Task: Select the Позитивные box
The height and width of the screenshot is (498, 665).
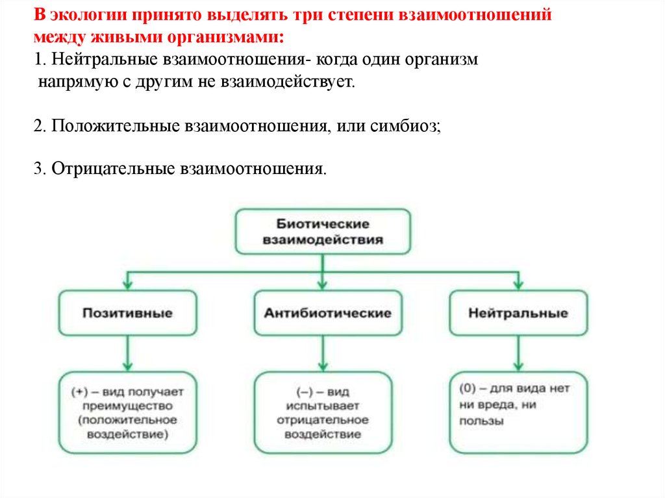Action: (127, 313)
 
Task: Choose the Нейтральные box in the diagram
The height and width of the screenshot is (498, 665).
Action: (518, 313)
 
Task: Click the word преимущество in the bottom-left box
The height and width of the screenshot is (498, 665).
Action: (127, 406)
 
